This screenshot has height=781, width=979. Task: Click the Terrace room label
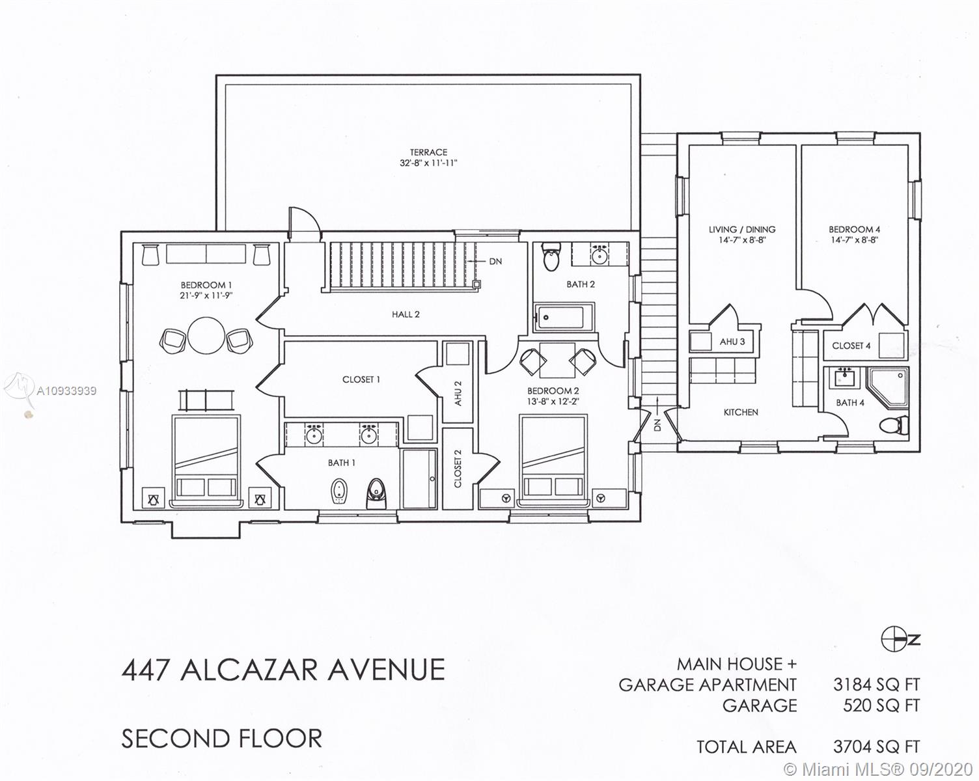[x=428, y=152]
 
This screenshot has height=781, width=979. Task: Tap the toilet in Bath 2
[x=551, y=256]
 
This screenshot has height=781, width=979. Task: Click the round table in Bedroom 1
[x=206, y=335]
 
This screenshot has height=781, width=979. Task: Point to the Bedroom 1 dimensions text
[x=206, y=296]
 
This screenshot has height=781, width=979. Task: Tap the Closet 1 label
[x=361, y=379]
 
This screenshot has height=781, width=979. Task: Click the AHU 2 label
[x=458, y=393]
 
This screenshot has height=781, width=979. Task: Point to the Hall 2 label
[x=406, y=314]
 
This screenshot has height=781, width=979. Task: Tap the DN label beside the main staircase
[x=495, y=262]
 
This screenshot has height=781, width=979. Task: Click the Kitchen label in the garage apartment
[x=741, y=412]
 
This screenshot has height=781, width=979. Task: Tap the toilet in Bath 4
[x=894, y=425]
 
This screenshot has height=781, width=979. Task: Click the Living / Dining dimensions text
[x=743, y=240]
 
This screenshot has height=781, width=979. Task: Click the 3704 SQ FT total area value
[x=876, y=747]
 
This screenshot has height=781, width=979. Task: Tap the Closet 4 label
[x=851, y=346]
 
